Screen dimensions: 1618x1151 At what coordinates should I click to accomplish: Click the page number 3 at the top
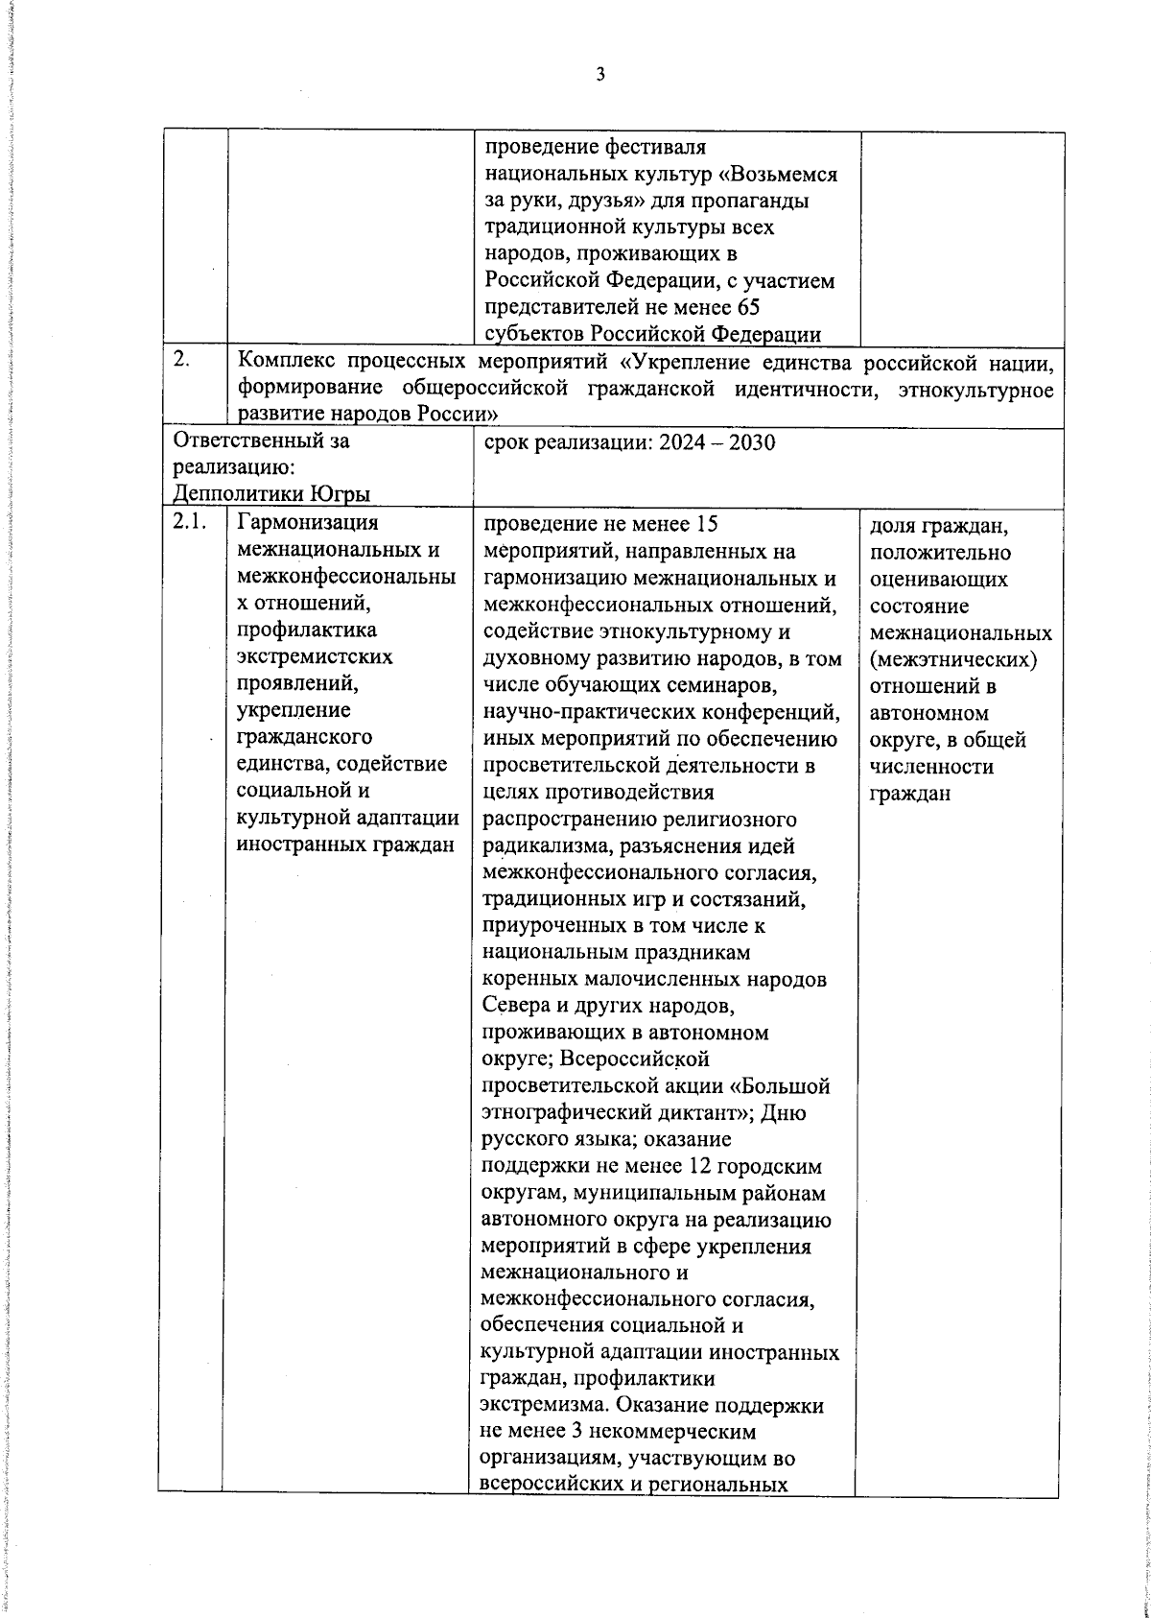[600, 74]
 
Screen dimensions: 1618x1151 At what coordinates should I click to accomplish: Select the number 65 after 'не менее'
[746, 307]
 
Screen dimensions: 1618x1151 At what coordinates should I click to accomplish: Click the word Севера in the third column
[516, 1007]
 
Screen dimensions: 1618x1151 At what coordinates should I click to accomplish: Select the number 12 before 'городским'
[702, 1167]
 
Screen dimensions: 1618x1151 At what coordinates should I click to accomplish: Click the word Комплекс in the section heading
[286, 361]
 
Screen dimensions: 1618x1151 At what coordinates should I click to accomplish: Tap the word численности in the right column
[918, 768]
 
